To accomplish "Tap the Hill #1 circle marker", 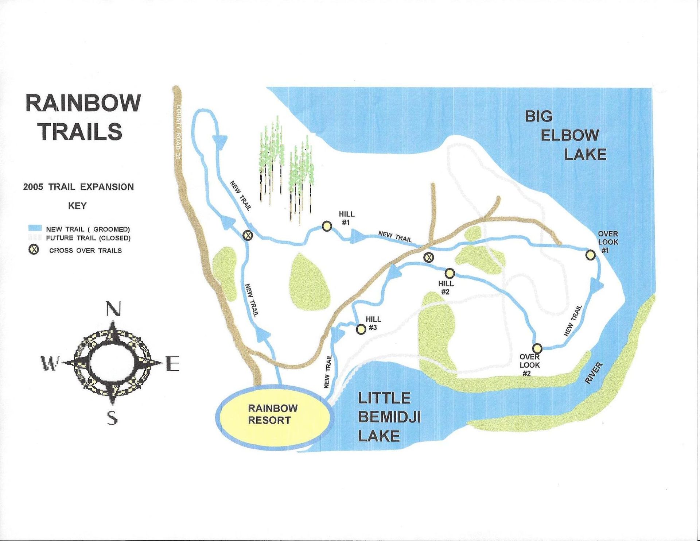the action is (x=327, y=227).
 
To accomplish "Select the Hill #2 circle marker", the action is (x=450, y=273).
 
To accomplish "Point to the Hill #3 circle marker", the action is (x=361, y=329).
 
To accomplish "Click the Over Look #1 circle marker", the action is (x=591, y=255).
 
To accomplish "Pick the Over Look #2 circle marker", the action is (x=537, y=348).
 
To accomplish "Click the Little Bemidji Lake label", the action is (x=389, y=417).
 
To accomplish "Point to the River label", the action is (x=594, y=373).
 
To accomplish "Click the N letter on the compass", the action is (x=113, y=309).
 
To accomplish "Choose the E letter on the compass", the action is (x=172, y=364).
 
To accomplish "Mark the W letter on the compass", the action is (x=50, y=364).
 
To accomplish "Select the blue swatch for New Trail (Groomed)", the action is (x=35, y=228).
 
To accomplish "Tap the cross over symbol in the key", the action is (x=34, y=250).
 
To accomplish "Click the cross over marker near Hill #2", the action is (x=429, y=257).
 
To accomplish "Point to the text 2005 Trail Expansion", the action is (x=78, y=187).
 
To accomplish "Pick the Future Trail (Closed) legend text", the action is (x=88, y=238).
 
